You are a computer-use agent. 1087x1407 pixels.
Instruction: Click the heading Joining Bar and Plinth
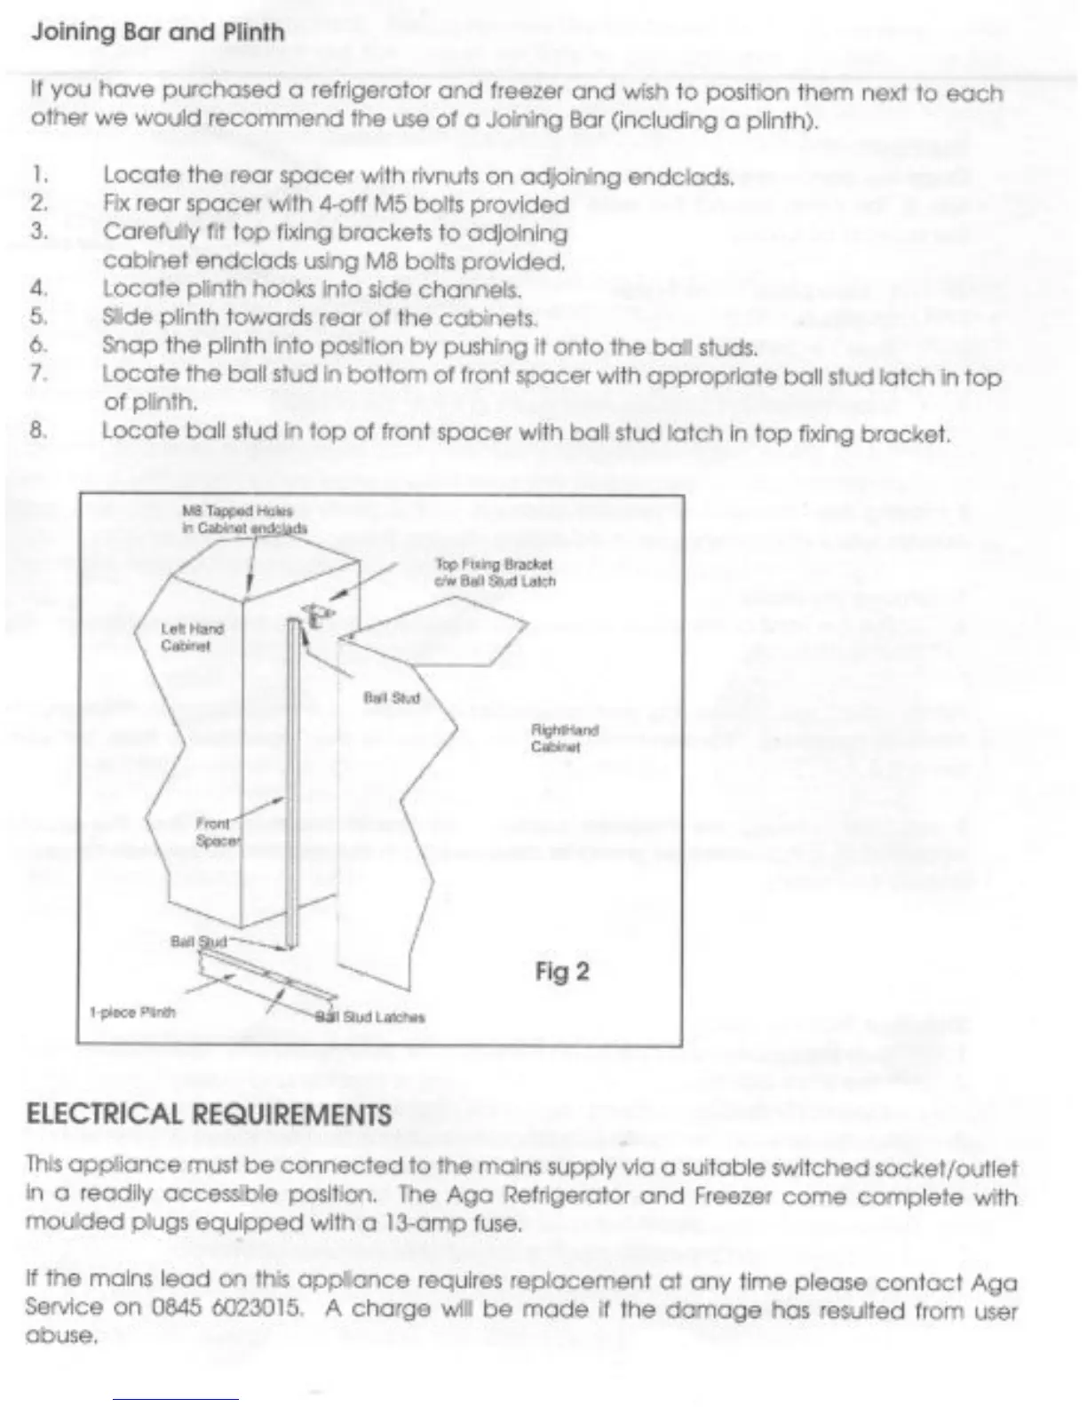(158, 33)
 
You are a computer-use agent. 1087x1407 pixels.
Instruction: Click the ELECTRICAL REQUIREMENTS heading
(209, 1115)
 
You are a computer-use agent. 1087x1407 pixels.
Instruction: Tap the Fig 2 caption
(561, 972)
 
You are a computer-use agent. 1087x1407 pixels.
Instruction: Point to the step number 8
(37, 431)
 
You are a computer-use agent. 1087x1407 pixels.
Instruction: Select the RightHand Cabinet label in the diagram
(564, 738)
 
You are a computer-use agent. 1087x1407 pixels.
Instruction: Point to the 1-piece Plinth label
(132, 1012)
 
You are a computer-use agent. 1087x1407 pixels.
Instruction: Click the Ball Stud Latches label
(371, 1017)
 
